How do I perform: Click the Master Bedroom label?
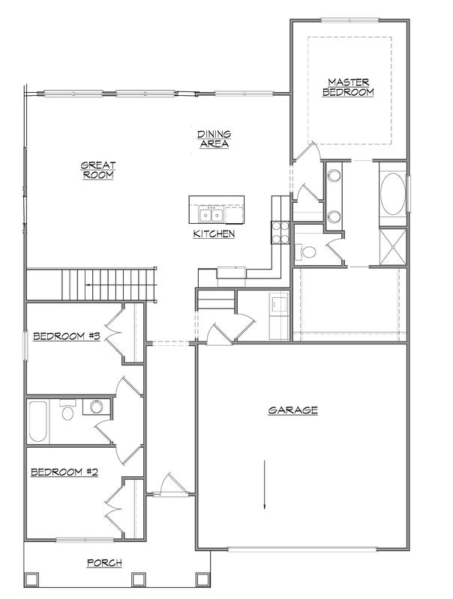pyautogui.click(x=348, y=88)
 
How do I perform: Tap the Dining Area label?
pyautogui.click(x=214, y=139)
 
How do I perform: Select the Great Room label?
pyautogui.click(x=98, y=171)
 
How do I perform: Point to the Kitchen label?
pyautogui.click(x=214, y=234)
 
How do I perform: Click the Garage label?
pyautogui.click(x=292, y=410)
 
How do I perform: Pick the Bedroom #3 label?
pyautogui.click(x=67, y=336)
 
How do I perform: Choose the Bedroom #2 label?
pyautogui.click(x=64, y=472)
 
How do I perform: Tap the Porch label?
pyautogui.click(x=104, y=563)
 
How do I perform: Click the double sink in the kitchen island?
pyautogui.click(x=211, y=215)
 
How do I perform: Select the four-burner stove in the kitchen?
pyautogui.click(x=280, y=233)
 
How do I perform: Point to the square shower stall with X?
pyautogui.click(x=392, y=247)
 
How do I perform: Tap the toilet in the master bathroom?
pyautogui.click(x=306, y=252)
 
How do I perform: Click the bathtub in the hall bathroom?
pyautogui.click(x=38, y=421)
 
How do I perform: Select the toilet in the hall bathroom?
pyautogui.click(x=67, y=410)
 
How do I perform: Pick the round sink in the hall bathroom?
pyautogui.click(x=97, y=407)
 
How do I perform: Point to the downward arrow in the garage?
pyautogui.click(x=265, y=484)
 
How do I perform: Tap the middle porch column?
pyautogui.click(x=137, y=579)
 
